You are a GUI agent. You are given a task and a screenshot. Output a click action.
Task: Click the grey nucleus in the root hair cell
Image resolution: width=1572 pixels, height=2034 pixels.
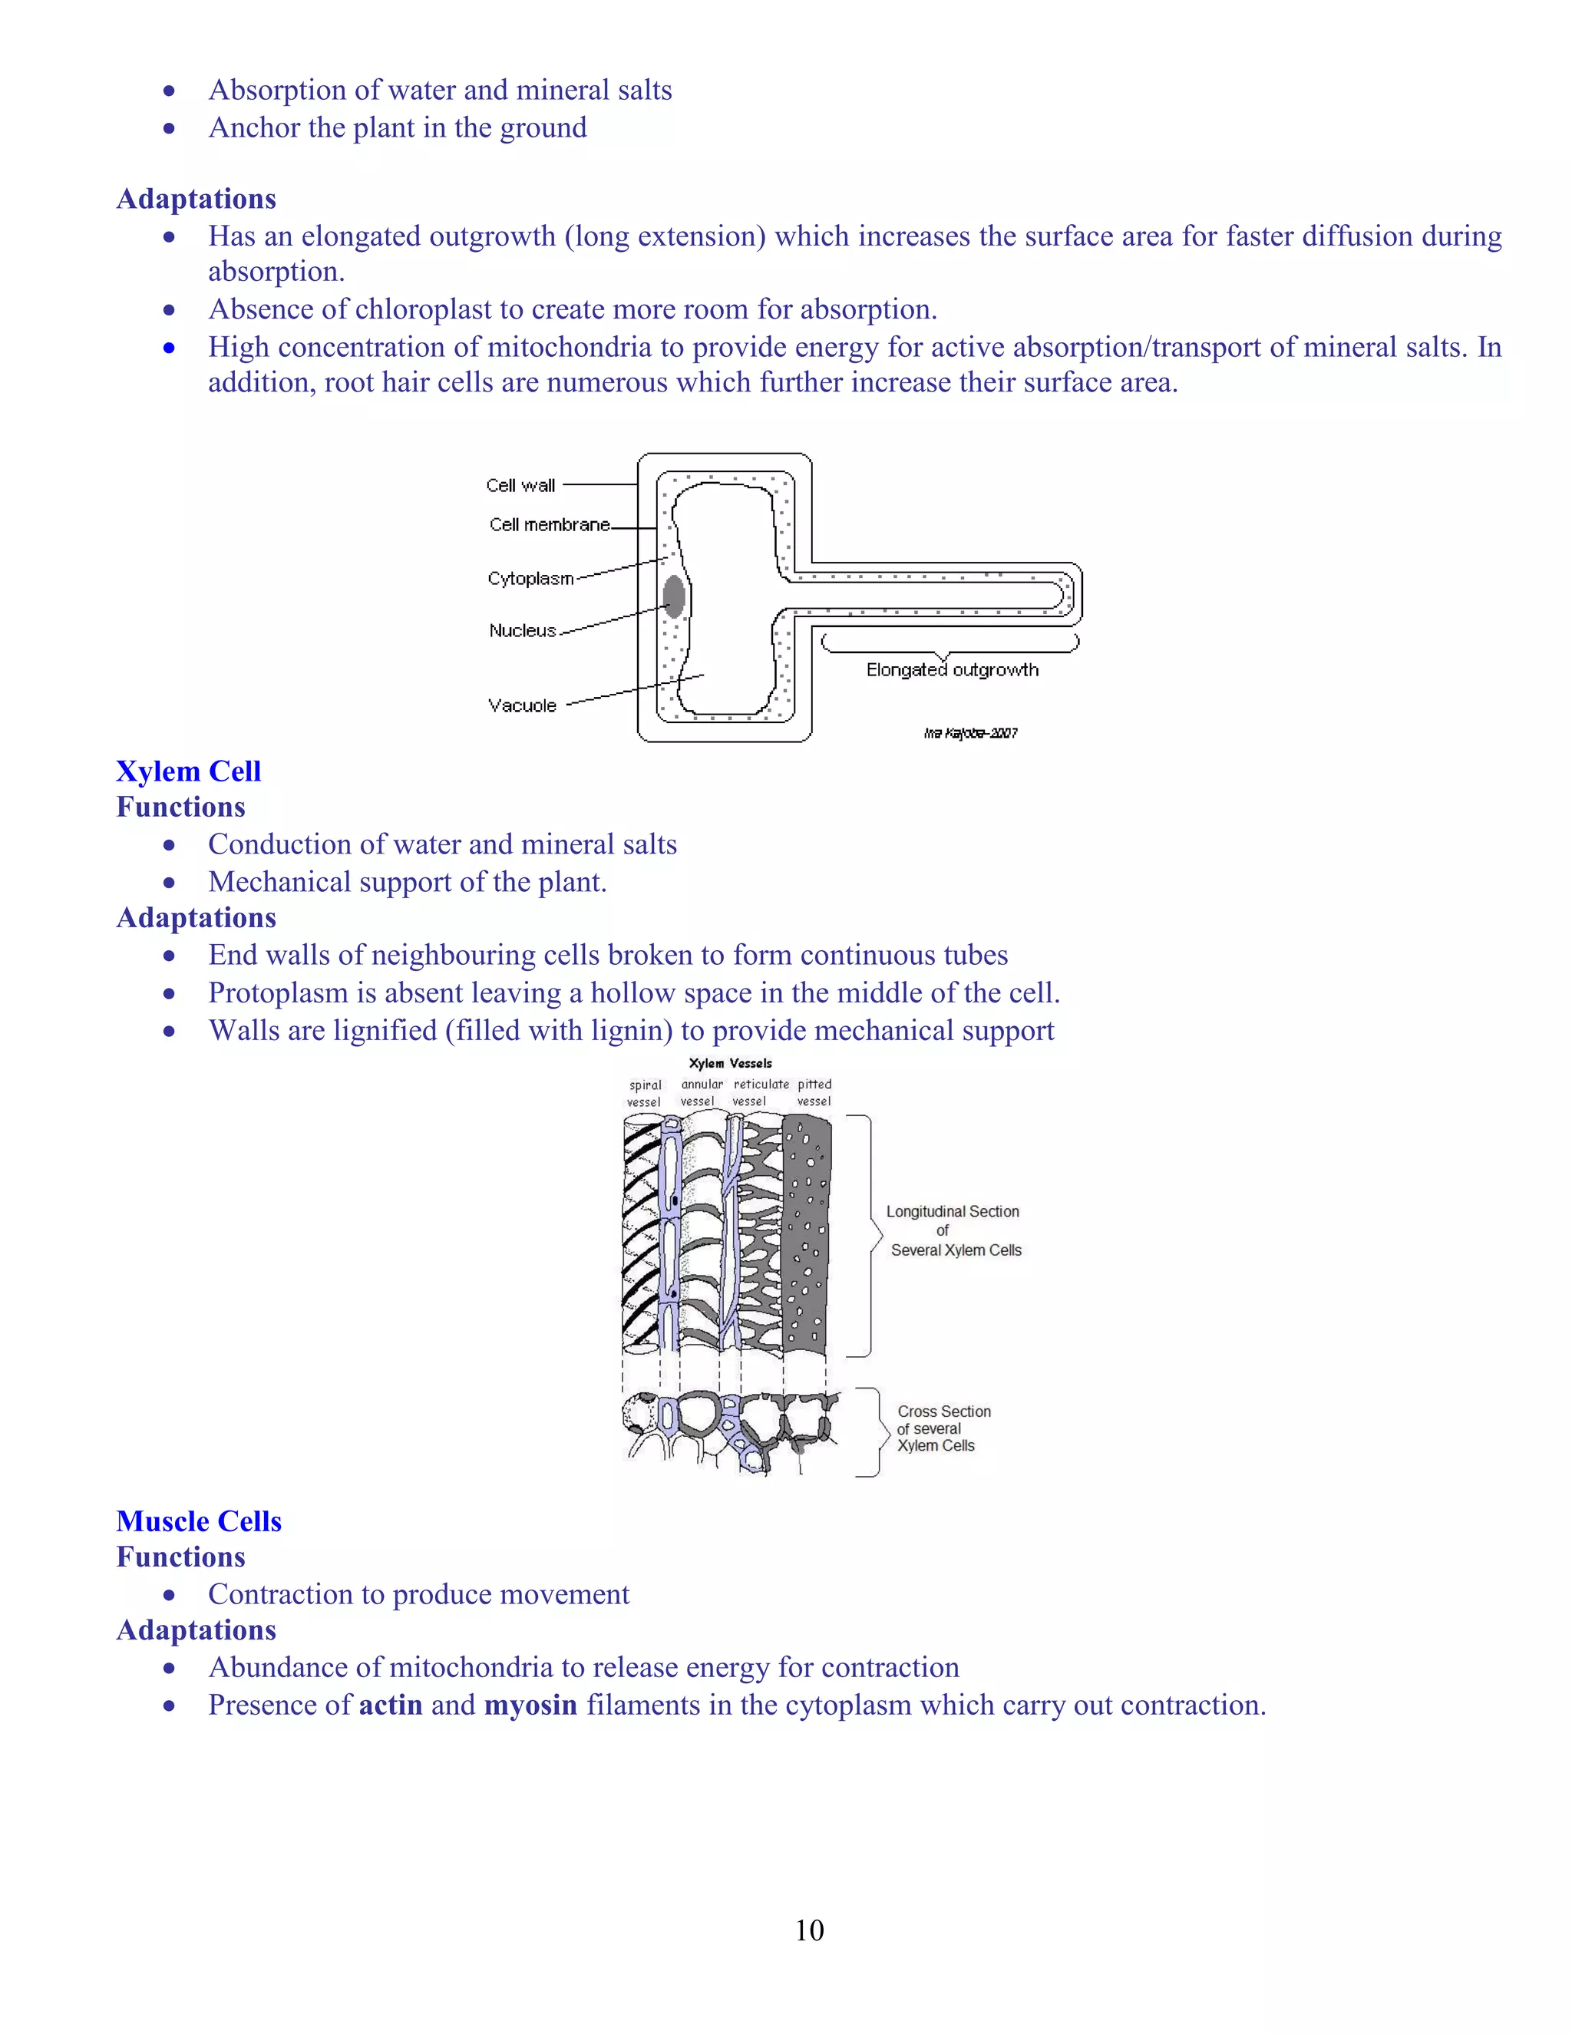pos(673,596)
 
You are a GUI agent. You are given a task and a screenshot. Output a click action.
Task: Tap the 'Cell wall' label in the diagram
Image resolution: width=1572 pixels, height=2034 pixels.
pos(520,485)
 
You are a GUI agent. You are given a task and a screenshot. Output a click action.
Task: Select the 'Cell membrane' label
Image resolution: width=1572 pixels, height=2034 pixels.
pos(550,524)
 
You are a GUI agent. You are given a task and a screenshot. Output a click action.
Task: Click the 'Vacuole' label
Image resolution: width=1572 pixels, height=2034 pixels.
pos(523,705)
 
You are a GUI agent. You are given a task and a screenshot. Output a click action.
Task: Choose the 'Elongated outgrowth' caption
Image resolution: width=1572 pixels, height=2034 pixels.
pos(952,669)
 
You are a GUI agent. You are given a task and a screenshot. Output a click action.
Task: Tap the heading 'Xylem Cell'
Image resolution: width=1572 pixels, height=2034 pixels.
pos(188,771)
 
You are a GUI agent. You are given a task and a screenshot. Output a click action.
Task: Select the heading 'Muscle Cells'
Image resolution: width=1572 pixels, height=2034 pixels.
pos(198,1521)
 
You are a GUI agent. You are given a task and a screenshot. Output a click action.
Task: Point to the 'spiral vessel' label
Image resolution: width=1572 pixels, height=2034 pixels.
pos(645,1093)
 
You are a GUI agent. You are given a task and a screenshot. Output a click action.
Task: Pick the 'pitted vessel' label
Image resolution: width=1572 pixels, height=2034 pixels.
pos(814,1092)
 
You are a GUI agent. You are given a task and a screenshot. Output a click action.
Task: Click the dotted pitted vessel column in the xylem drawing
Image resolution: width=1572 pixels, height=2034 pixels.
pos(807,1234)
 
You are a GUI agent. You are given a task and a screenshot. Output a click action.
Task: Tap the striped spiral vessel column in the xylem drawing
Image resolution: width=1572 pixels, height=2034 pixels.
pos(641,1234)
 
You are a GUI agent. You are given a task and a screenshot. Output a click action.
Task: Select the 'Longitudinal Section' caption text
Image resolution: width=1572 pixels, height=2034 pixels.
pos(953,1212)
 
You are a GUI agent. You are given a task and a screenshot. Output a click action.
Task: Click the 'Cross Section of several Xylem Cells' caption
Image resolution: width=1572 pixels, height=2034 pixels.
pos(943,1428)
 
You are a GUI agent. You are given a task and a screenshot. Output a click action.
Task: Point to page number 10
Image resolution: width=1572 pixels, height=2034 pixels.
pos(809,1930)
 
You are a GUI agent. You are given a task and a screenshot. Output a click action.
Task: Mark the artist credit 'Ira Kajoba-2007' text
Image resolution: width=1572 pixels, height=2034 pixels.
pos(970,733)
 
